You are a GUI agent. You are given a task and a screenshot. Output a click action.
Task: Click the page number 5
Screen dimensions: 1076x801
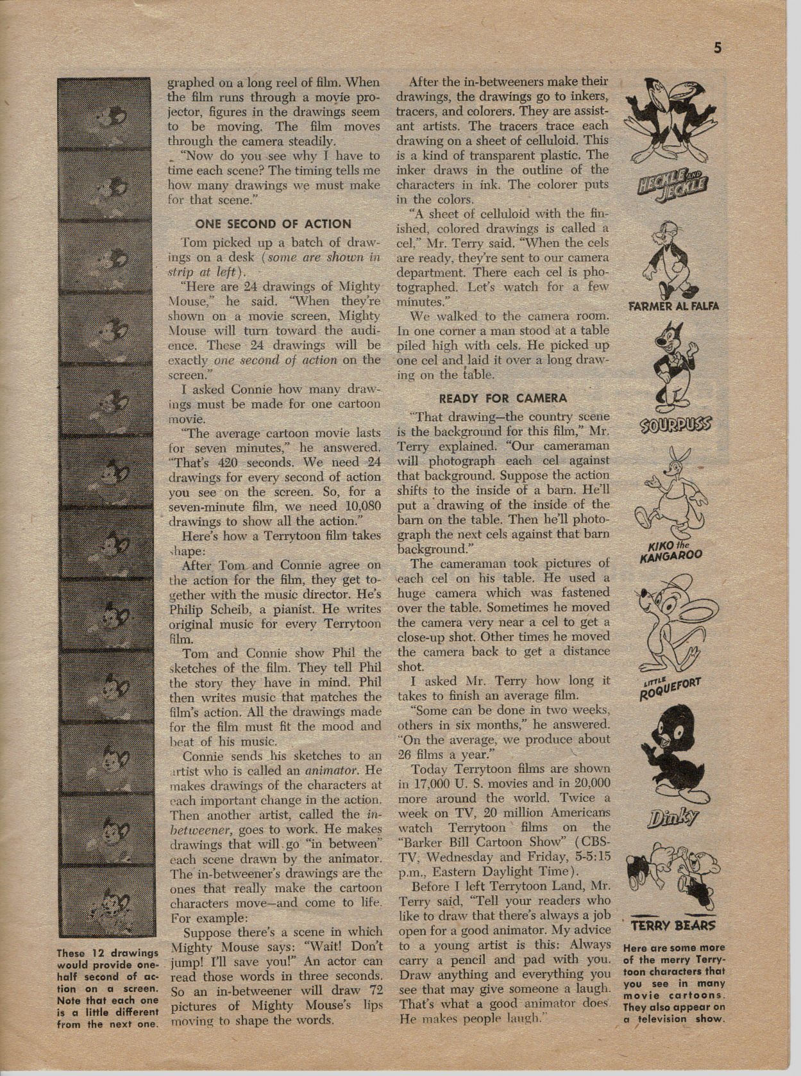[718, 48]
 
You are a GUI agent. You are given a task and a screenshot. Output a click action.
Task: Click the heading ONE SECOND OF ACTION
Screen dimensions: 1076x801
[273, 224]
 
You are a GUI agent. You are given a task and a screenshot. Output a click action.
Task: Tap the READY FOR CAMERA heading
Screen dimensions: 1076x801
[503, 397]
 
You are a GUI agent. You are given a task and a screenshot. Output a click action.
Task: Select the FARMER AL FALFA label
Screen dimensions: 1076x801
[673, 306]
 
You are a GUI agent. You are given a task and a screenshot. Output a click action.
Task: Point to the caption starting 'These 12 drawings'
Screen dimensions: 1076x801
[107, 988]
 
